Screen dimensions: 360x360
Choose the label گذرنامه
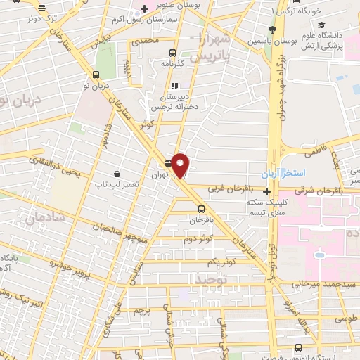pos(172,63)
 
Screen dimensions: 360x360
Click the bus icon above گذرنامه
pos(173,52)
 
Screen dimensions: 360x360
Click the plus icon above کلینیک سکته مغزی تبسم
pos(266,191)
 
